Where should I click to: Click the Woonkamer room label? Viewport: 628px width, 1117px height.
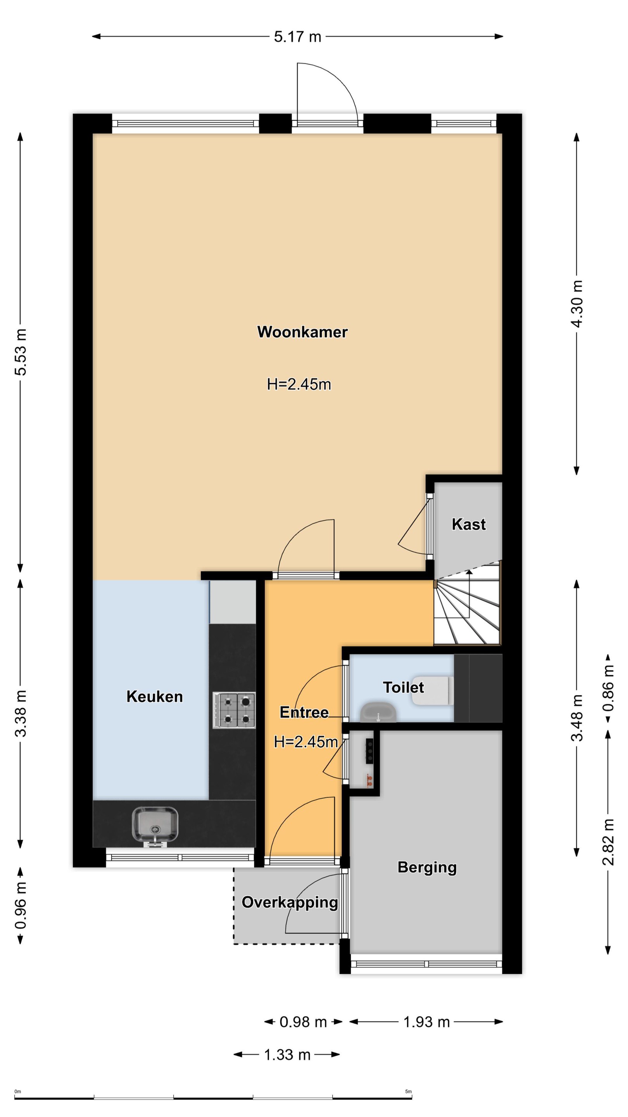tap(302, 332)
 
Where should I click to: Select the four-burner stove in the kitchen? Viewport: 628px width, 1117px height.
tap(234, 710)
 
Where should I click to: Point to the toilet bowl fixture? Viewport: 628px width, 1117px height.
tap(433, 691)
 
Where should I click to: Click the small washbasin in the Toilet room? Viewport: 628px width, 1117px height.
tap(378, 713)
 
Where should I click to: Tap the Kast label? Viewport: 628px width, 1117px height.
tap(469, 524)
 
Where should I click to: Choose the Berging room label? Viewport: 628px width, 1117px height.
tap(427, 868)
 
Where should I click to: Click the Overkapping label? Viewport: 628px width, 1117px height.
tap(290, 903)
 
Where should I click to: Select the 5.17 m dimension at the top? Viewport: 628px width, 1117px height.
tap(298, 37)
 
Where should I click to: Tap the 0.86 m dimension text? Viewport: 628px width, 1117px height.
tap(608, 688)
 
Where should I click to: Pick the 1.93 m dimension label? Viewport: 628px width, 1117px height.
tap(426, 1022)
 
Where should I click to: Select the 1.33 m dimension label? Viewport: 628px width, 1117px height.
tap(287, 1055)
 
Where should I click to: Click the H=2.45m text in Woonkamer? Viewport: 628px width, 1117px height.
tap(299, 384)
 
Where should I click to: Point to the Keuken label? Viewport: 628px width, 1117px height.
tap(154, 697)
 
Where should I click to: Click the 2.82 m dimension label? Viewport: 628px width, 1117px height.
tap(608, 842)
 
